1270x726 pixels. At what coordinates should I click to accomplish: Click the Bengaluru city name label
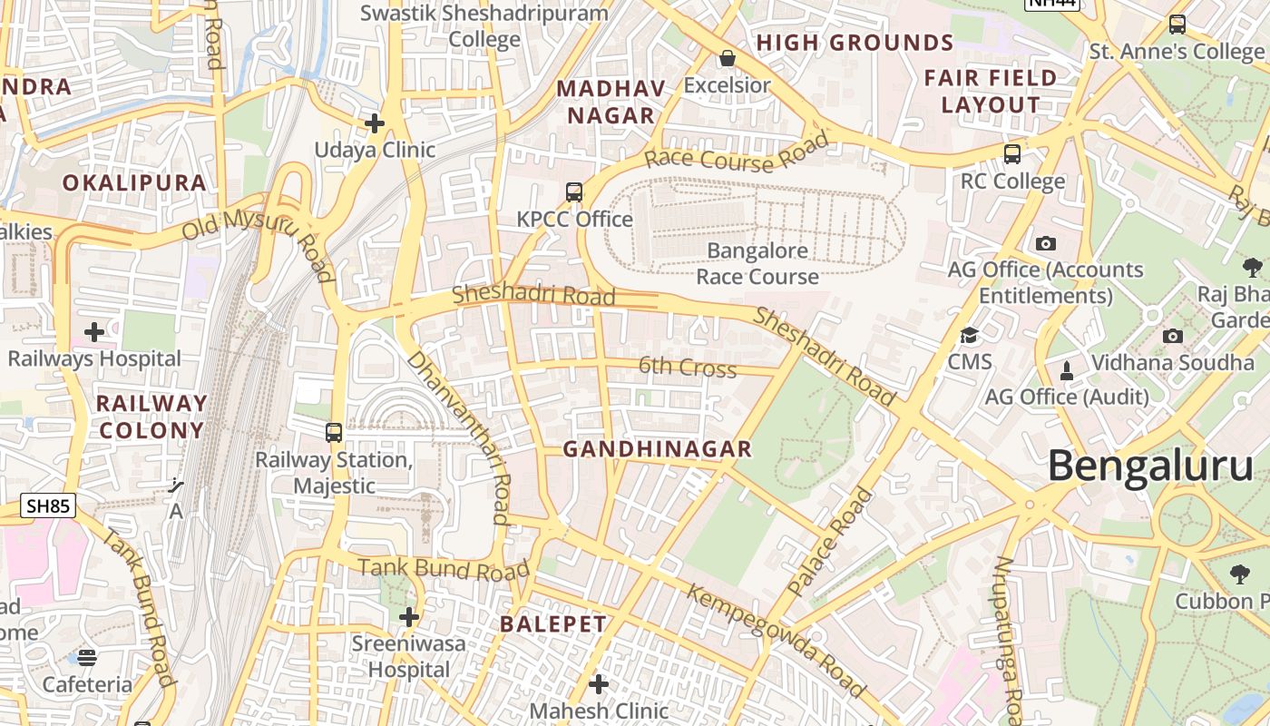[x=1150, y=466]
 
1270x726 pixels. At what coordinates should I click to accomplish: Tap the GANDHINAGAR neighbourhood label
[x=658, y=448]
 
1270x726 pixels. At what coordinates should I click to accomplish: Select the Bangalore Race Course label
[x=757, y=263]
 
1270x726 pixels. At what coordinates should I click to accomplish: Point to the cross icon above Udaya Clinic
[x=374, y=123]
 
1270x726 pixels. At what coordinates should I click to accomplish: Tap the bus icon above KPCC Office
[x=574, y=191]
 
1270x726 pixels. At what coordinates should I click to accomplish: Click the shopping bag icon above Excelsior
[x=727, y=59]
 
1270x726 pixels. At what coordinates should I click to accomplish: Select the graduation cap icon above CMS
[x=969, y=335]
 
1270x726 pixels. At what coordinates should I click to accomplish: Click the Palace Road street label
[x=830, y=543]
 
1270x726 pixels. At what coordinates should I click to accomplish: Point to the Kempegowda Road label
[x=777, y=641]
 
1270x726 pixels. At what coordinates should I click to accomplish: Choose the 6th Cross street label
[x=688, y=368]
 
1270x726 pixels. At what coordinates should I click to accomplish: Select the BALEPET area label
[x=553, y=624]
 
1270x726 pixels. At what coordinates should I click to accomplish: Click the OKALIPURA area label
[x=134, y=182]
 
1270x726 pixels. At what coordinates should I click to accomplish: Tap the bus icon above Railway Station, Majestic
[x=334, y=432]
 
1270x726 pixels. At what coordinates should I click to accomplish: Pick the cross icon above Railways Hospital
[x=94, y=332]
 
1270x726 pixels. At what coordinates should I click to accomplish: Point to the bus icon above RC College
[x=1012, y=154]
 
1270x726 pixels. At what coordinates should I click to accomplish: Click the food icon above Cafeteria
[x=87, y=657]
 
